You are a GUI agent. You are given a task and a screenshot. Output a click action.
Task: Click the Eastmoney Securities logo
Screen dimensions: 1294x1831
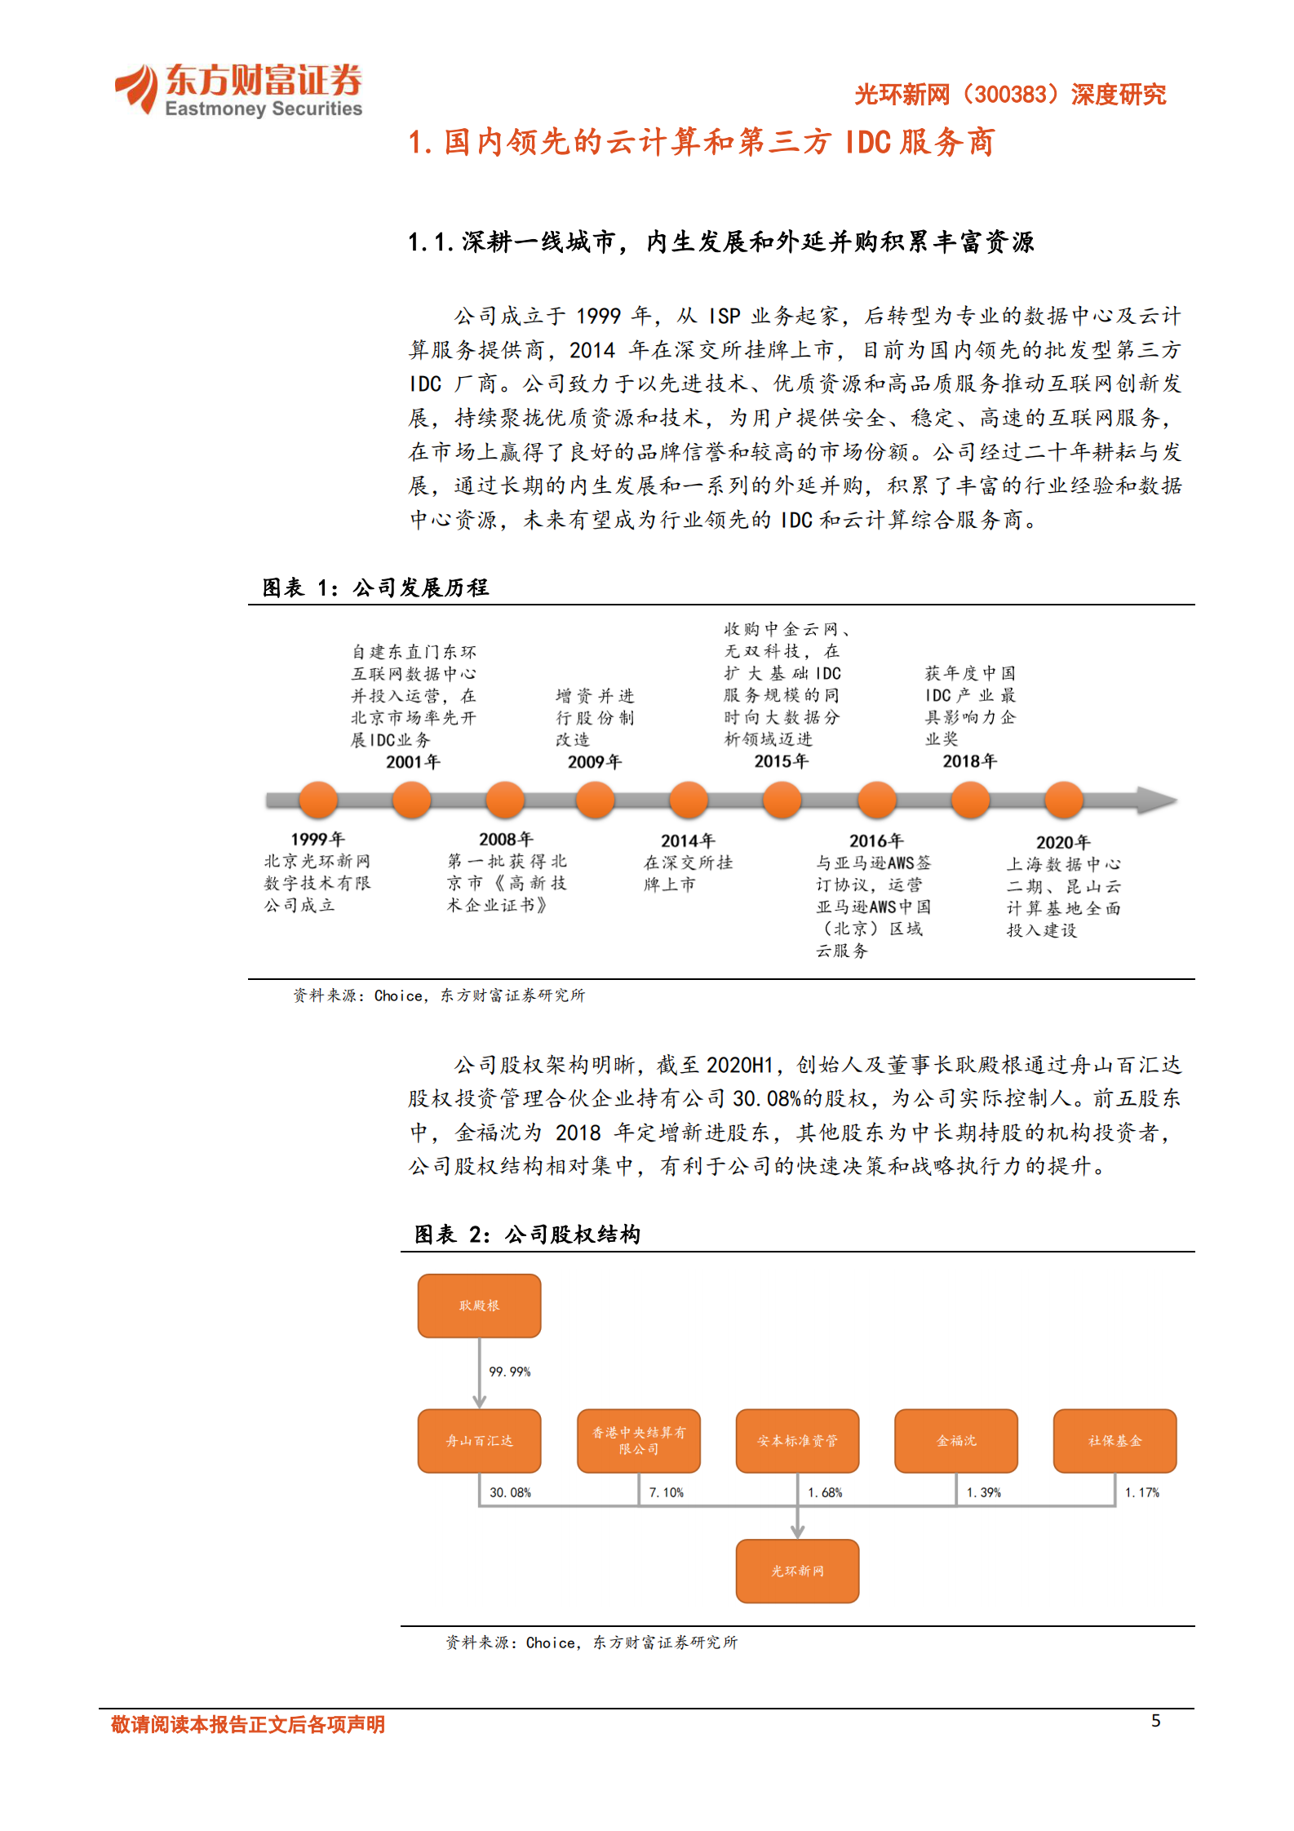pyautogui.click(x=238, y=90)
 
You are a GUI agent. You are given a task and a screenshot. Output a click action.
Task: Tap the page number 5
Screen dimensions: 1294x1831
pyautogui.click(x=1155, y=1721)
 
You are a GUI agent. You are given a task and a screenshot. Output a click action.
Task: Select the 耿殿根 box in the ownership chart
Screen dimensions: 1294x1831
pyautogui.click(x=479, y=1306)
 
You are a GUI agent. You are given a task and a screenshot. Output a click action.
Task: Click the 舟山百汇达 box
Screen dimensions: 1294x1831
pyautogui.click(x=479, y=1441)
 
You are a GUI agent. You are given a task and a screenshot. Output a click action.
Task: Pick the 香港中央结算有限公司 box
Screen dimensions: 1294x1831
pyautogui.click(x=638, y=1441)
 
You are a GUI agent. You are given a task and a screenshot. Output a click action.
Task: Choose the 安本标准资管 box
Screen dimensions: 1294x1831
pyautogui.click(x=797, y=1441)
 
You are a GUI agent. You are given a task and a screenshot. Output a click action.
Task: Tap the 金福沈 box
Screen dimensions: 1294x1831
pyautogui.click(x=956, y=1441)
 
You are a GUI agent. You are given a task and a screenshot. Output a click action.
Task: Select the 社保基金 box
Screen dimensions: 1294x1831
pyautogui.click(x=1115, y=1441)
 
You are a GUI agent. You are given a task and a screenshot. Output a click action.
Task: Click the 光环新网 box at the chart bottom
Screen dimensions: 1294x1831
pyautogui.click(x=797, y=1571)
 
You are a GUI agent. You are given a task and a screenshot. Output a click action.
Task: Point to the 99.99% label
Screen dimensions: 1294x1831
pyautogui.click(x=510, y=1372)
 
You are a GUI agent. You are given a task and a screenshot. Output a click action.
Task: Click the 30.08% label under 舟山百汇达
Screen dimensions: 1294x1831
pyautogui.click(x=510, y=1492)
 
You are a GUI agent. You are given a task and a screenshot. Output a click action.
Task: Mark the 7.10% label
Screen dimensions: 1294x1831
pyautogui.click(x=667, y=1492)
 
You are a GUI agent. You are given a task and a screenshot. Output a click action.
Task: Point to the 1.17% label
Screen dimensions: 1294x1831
pyautogui.click(x=1142, y=1492)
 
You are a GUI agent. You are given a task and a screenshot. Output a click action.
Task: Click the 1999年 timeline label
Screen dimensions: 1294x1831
pyautogui.click(x=317, y=839)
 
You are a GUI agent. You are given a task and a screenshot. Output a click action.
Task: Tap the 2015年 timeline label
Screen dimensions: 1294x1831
pyautogui.click(x=781, y=761)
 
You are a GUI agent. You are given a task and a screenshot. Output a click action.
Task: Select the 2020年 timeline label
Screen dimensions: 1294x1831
pyautogui.click(x=1063, y=842)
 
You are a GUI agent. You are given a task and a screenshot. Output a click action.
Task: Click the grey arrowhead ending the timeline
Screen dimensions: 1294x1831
pyautogui.click(x=1157, y=800)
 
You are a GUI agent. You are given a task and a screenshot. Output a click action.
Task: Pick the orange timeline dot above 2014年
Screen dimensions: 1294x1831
pyautogui.click(x=689, y=800)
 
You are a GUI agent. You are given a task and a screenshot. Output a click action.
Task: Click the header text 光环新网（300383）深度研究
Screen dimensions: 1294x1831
pyautogui.click(x=1010, y=95)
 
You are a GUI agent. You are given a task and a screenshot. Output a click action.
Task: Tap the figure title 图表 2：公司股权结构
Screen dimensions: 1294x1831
pyautogui.click(x=527, y=1235)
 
